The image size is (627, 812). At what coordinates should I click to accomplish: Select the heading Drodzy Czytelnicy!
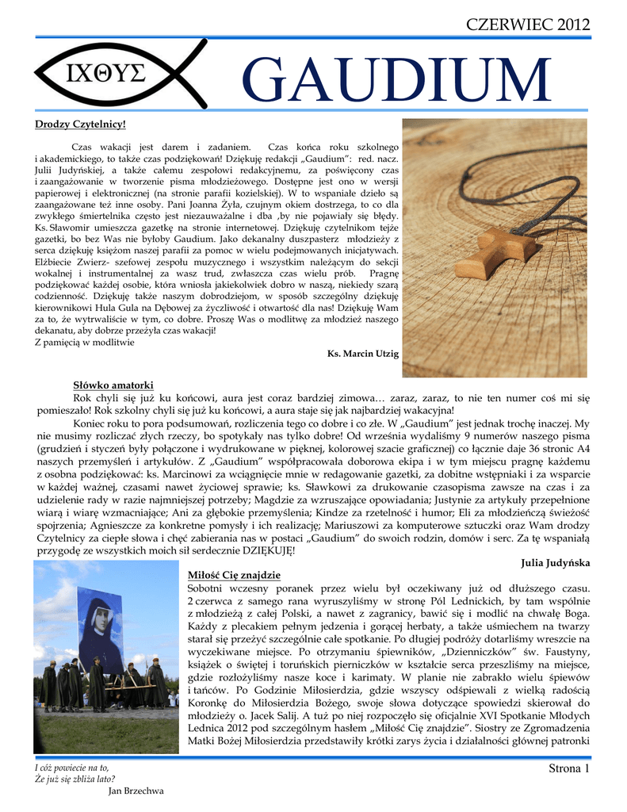(80, 124)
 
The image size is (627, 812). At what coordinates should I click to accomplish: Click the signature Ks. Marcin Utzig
(362, 353)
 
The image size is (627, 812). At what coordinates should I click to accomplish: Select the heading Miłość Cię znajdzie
(234, 574)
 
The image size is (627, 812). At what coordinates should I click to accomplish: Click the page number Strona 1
(569, 768)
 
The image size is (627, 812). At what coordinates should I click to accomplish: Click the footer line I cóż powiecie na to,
(71, 767)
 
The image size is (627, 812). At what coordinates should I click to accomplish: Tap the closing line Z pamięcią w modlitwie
(85, 343)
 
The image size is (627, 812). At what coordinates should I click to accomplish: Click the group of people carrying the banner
(103, 682)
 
